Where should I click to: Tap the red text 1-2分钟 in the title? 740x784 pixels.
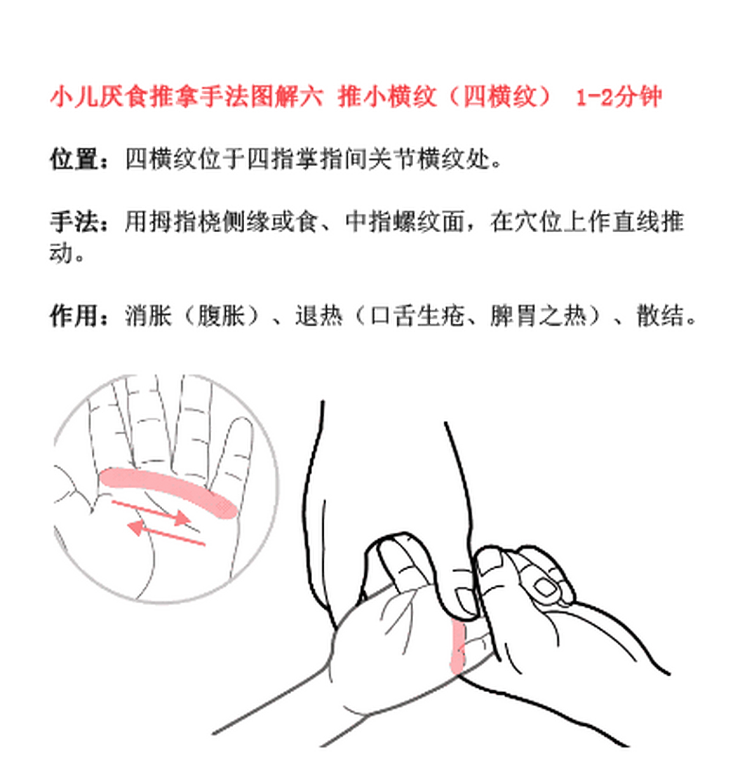pos(618,97)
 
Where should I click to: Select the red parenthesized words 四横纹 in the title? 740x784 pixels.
pos(499,97)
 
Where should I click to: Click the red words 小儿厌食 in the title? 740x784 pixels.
pos(98,97)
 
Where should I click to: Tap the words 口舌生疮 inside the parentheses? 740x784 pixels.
pos(416,316)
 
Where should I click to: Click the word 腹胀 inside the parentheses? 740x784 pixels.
pos(220,316)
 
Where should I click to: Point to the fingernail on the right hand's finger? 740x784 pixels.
pos(545,588)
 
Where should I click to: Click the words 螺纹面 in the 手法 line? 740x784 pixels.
pos(428,222)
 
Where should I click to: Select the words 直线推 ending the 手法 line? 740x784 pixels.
pos(649,222)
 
